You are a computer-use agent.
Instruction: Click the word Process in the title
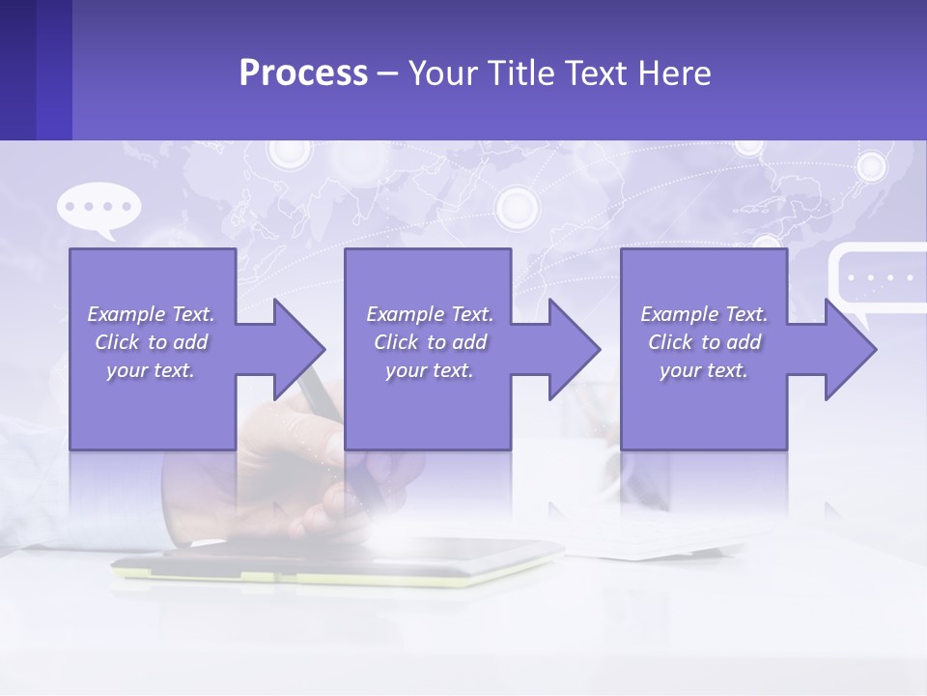click(x=303, y=73)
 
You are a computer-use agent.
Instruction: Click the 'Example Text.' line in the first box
click(x=151, y=314)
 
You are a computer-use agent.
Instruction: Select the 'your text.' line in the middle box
click(x=429, y=370)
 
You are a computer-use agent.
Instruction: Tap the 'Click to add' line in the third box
click(x=704, y=342)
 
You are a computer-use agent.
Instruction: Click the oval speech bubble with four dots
click(x=98, y=208)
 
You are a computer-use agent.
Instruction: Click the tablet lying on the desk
click(x=338, y=561)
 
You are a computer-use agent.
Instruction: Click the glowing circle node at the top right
click(x=872, y=166)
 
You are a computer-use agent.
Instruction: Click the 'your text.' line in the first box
click(x=151, y=370)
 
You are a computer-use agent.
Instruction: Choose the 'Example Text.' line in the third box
click(x=704, y=314)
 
